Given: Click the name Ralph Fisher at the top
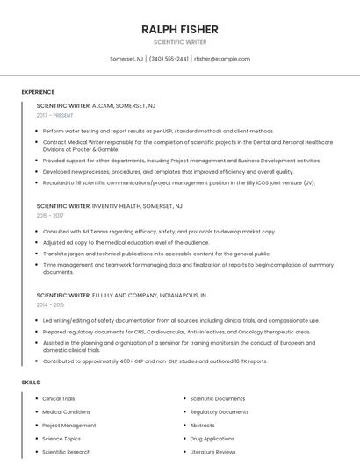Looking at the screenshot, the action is tap(179, 30).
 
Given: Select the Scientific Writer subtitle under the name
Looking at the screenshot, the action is tap(179, 42).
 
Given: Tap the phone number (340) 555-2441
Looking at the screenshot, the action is tap(169, 59).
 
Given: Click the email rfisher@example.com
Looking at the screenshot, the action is tap(221, 59).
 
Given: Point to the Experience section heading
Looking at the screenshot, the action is tap(38, 92).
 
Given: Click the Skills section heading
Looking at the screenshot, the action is tap(30, 383).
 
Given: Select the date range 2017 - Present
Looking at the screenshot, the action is tap(55, 115).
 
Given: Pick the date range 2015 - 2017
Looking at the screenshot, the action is tap(50, 215).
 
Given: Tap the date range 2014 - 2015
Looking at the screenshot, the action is tap(50, 304).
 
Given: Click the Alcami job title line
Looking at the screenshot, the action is tap(96, 105).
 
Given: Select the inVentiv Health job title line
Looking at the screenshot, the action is tap(109, 205).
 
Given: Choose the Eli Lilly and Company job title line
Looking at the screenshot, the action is tap(121, 296).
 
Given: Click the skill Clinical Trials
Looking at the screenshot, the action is tap(59, 399).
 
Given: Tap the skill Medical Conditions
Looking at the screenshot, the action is tap(66, 412).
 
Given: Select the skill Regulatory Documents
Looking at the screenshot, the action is tap(219, 412).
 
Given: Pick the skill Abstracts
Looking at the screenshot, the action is tap(202, 426).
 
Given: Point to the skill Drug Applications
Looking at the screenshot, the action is tap(212, 439).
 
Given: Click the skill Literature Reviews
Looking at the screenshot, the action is tap(212, 452).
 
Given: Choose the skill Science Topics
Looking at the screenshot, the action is tap(61, 439).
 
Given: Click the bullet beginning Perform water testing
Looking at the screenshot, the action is tap(146, 131).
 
